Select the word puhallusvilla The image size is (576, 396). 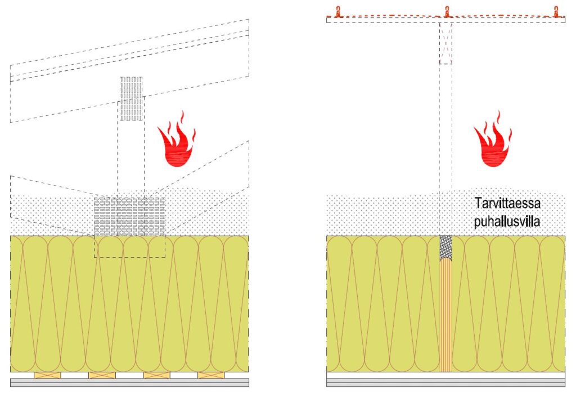(505, 222)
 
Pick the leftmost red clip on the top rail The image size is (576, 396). (337, 11)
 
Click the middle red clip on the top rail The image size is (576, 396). (447, 11)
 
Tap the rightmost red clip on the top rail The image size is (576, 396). (556, 11)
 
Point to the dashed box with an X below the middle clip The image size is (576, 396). (445, 43)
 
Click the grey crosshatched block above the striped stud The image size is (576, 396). (445, 246)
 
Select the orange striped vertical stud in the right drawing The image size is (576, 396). (445, 315)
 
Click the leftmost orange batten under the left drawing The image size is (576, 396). (47, 375)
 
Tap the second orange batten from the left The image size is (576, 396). (102, 375)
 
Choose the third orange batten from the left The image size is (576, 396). (156, 375)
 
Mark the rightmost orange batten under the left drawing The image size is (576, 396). (211, 375)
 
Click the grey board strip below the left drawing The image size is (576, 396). (129, 382)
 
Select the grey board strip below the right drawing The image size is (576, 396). (445, 382)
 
